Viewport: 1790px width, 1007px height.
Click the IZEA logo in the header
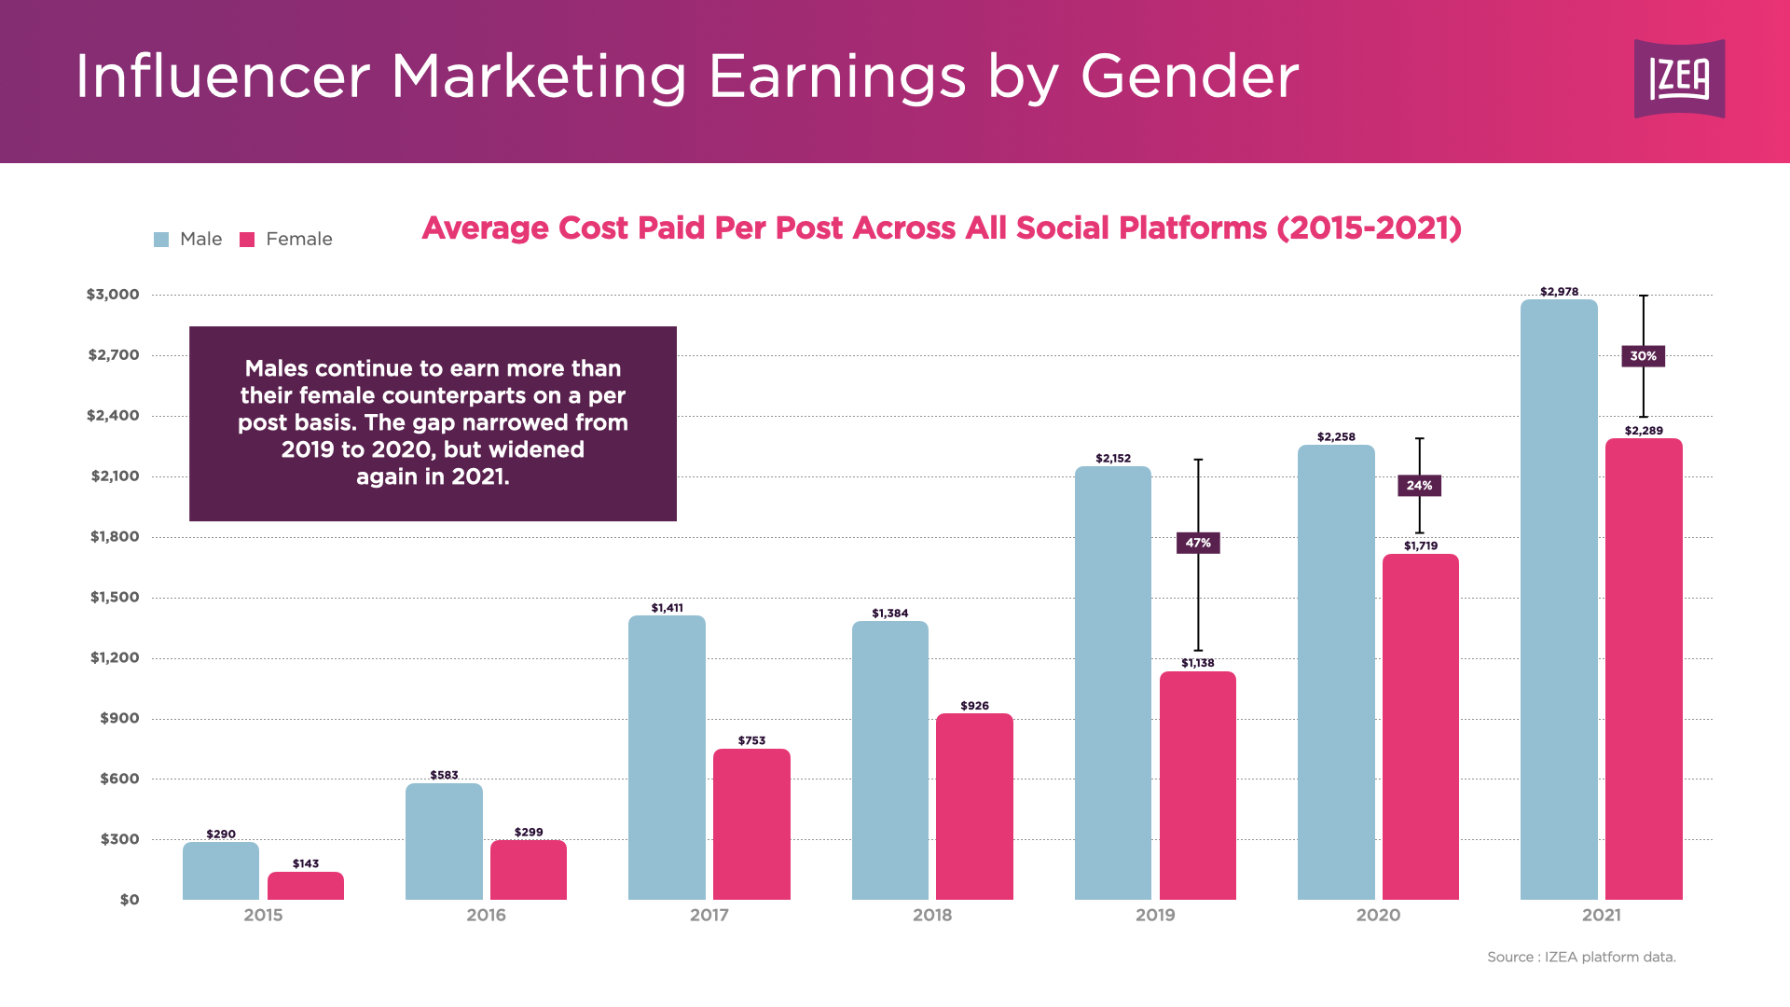coord(1679,78)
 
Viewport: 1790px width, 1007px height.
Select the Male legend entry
coord(188,240)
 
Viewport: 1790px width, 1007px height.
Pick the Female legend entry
coord(286,240)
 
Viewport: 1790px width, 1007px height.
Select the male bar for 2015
coord(221,871)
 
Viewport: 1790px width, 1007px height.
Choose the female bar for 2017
coord(751,824)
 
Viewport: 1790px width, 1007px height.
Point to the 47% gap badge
coord(1198,543)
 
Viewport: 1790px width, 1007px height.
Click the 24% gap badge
coord(1419,486)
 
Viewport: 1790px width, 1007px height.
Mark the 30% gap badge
coord(1643,356)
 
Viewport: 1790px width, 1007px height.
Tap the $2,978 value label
coord(1559,292)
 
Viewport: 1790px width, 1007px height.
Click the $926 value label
coord(974,706)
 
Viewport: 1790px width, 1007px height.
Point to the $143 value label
coord(306,864)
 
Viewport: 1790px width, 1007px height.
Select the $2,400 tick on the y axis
coord(113,416)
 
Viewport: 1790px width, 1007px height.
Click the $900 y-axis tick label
coord(119,719)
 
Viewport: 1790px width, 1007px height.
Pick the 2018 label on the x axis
coord(932,916)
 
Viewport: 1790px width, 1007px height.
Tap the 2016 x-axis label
coord(486,916)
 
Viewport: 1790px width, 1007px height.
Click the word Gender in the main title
coord(1190,76)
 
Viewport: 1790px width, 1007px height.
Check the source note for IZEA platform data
coord(1581,958)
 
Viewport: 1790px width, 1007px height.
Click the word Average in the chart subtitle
coord(485,228)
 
